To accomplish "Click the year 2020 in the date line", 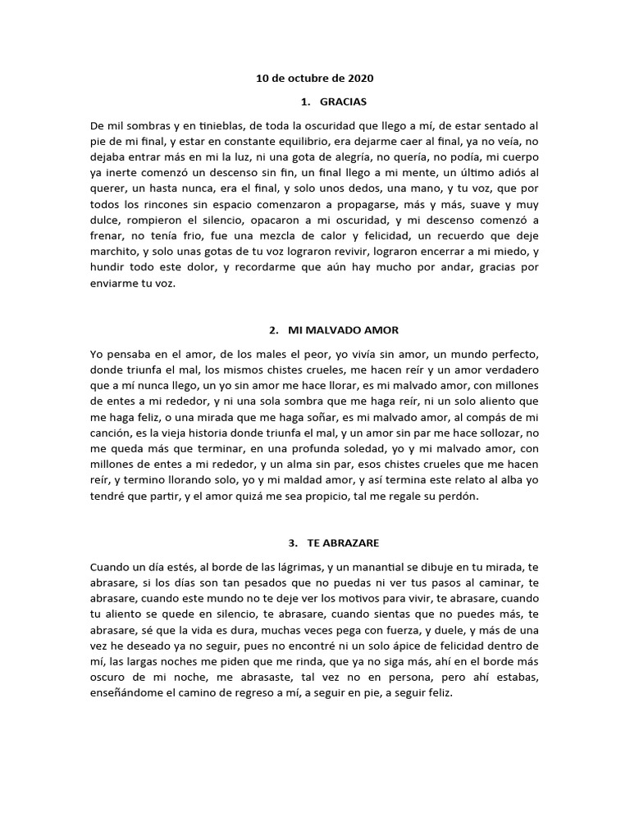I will point(360,79).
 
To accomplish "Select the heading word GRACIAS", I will point(343,102).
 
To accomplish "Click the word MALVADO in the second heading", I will point(326,330).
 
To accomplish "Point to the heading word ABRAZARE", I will point(356,542).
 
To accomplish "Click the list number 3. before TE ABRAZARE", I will point(292,542).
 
